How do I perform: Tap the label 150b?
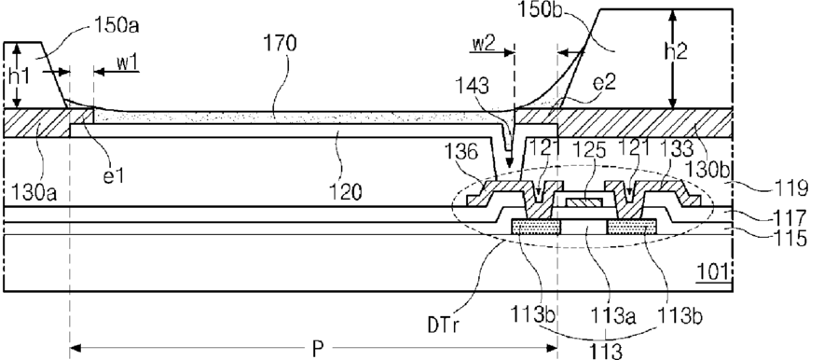click(541, 9)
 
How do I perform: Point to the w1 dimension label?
click(127, 63)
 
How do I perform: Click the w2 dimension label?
click(483, 44)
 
